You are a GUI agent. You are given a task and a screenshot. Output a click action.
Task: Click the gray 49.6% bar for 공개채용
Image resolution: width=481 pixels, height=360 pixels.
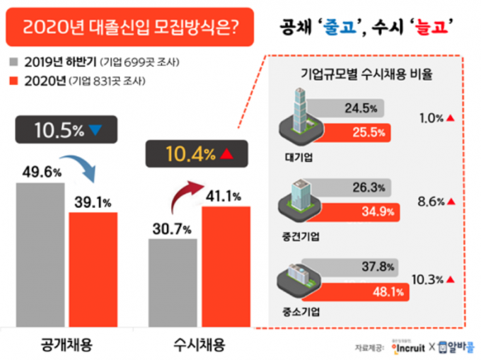pos(40,255)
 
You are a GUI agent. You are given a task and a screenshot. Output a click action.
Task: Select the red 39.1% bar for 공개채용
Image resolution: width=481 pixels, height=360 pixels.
pos(93,269)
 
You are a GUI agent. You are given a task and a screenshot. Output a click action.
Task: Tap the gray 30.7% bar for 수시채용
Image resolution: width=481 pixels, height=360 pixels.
pos(173,283)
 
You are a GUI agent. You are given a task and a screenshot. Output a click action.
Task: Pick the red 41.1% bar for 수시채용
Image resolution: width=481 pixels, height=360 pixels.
pos(226,267)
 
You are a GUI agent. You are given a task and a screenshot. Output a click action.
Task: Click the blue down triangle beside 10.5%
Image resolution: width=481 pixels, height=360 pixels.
pos(95,130)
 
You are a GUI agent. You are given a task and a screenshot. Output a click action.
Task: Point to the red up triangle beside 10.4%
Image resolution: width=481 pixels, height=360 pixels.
pos(226,153)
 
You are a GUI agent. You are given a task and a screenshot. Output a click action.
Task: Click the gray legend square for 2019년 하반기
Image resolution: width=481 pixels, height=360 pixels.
pos(13,62)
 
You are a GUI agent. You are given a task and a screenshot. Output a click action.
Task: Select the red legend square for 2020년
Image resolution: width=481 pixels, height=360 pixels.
pos(13,81)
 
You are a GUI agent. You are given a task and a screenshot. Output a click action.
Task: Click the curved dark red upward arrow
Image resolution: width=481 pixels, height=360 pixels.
pos(183,193)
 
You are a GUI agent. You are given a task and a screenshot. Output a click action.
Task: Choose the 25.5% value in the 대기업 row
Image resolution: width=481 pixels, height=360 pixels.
pos(369,132)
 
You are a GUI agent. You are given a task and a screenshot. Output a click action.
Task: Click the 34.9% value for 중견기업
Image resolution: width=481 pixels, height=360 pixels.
pos(378,211)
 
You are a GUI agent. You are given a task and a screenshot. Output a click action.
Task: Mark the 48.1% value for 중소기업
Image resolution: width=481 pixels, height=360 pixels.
pos(388,292)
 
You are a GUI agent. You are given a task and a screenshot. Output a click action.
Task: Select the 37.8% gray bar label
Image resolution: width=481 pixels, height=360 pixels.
pos(378,267)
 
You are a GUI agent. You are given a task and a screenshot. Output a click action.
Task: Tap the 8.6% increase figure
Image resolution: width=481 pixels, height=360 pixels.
pos(431,202)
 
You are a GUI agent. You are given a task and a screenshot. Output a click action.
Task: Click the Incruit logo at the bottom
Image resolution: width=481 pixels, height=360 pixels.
pos(408,348)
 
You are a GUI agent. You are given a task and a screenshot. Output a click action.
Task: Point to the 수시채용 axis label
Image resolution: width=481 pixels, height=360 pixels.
pos(199,344)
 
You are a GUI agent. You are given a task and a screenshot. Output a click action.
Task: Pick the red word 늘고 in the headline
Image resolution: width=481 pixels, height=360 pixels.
pos(431,27)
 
